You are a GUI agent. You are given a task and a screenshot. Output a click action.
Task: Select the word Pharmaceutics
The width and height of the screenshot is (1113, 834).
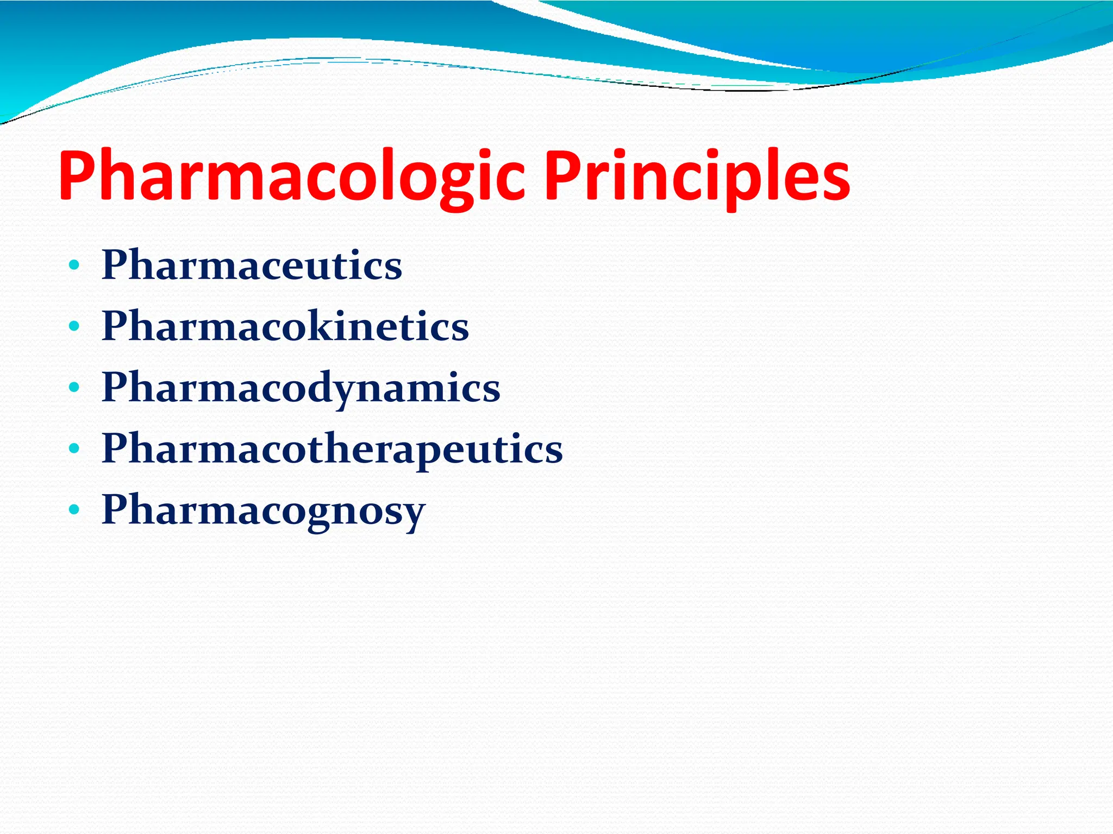(252, 265)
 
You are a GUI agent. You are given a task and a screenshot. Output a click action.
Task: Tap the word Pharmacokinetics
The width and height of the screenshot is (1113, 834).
(285, 326)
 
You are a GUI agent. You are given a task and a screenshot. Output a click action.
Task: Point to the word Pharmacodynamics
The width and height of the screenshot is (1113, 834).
(301, 388)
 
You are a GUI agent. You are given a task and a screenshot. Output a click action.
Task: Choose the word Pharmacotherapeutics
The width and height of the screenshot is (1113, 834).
(332, 449)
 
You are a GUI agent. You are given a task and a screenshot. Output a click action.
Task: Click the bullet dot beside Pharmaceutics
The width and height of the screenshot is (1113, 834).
(74, 266)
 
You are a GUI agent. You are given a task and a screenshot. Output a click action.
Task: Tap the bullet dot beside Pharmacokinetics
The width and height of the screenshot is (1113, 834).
(74, 327)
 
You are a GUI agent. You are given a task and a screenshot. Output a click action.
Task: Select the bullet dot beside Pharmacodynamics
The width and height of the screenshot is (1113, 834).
(74, 388)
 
